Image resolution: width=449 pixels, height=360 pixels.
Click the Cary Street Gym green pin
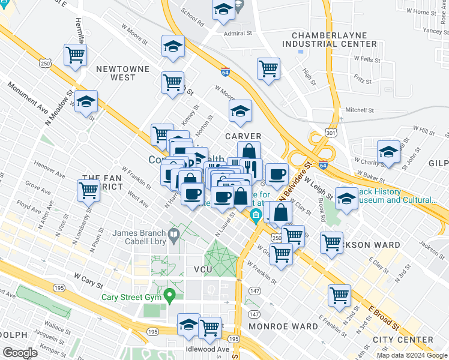(x=170, y=295)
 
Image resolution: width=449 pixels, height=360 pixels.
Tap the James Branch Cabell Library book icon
(x=174, y=235)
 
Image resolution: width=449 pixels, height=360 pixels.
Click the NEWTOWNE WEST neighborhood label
(x=123, y=73)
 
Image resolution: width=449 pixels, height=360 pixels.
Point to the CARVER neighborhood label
(x=243, y=136)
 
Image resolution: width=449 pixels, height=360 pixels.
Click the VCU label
(x=203, y=270)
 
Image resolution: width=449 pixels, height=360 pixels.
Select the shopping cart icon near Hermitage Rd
(x=76, y=55)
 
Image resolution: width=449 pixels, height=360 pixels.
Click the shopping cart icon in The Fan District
(x=89, y=191)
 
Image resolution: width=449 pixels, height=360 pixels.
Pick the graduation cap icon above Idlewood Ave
(x=189, y=325)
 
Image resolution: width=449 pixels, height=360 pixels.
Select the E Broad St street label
(x=384, y=318)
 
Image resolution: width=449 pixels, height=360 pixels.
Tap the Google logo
(x=20, y=353)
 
